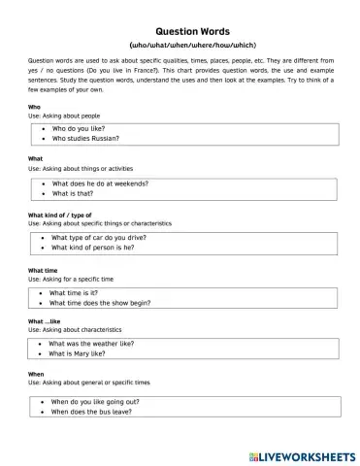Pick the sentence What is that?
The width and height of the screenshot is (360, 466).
click(x=73, y=193)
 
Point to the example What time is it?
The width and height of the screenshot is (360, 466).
click(x=75, y=292)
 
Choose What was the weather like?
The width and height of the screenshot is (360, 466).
click(x=97, y=343)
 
